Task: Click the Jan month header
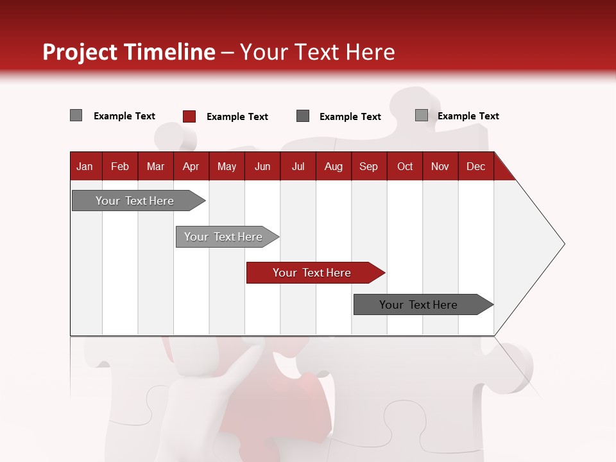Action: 85,167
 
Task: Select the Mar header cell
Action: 155,167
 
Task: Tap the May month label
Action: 227,167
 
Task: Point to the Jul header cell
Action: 298,167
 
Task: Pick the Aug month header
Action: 333,167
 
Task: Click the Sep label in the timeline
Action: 368,167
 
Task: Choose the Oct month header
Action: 405,167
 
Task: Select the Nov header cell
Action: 440,167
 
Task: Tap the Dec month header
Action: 475,167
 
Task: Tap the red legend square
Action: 189,116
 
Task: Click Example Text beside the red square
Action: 237,117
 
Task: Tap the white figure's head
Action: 189,356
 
